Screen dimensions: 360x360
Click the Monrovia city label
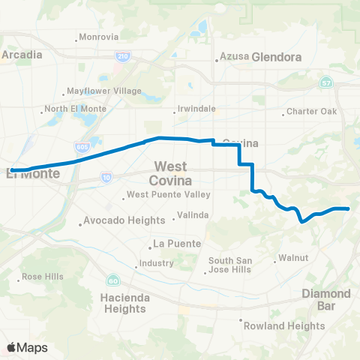tap(100, 37)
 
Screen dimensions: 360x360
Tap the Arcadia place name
tap(20, 54)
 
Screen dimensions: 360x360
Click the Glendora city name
tap(276, 56)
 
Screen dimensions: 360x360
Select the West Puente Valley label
tap(167, 196)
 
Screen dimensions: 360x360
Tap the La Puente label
tap(173, 244)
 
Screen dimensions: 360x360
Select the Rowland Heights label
tap(285, 325)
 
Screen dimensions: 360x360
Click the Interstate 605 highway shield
tap(82, 147)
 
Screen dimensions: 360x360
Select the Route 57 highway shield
tap(325, 82)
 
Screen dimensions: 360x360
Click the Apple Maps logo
tap(27, 347)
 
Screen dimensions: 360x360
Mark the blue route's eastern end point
tap(348, 208)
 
